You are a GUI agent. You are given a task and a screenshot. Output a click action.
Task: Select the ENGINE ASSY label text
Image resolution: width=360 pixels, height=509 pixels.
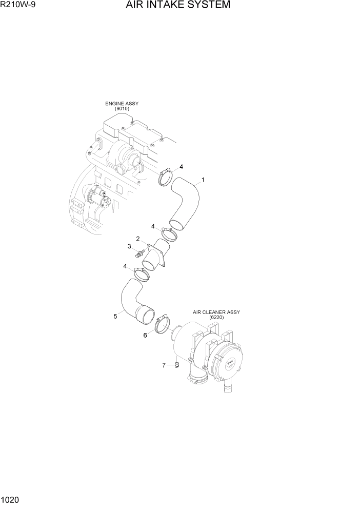click(122, 104)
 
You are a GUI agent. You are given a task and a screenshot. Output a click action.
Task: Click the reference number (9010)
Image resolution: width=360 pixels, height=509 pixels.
click(122, 109)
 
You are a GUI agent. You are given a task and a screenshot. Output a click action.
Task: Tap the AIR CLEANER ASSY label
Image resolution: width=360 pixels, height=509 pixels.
click(216, 312)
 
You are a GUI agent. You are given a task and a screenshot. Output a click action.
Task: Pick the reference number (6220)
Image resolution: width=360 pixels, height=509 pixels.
click(216, 318)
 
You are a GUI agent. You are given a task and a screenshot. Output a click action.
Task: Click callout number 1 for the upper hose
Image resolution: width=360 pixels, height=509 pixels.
click(203, 180)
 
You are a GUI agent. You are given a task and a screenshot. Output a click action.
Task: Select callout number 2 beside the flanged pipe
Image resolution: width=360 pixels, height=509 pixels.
click(138, 239)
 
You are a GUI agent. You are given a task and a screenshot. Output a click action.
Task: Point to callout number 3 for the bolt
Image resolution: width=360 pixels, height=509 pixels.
click(129, 247)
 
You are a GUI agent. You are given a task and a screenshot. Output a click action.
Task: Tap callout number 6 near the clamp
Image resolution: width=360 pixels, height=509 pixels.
click(145, 335)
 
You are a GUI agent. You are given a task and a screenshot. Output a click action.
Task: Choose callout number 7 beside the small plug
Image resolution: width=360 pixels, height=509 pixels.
click(164, 365)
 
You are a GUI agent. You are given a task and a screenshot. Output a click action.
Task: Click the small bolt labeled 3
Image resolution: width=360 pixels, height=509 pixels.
click(139, 253)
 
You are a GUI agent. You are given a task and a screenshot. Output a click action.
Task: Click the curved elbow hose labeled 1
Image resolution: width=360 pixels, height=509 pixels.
click(185, 202)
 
